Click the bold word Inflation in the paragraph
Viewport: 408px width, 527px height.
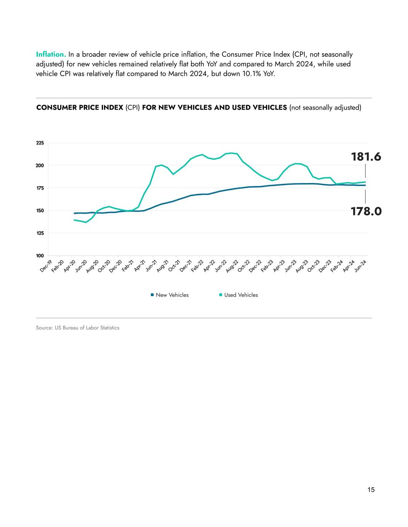pos(51,54)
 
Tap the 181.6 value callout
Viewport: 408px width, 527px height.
pos(366,157)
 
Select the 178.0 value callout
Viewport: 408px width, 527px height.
pos(366,211)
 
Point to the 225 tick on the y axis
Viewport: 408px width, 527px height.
pos(40,143)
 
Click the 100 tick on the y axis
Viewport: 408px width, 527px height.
pos(40,256)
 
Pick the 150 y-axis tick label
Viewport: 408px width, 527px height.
pos(40,211)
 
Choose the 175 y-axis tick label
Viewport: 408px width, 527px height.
pos(40,188)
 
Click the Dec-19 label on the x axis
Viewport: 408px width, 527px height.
pos(46,266)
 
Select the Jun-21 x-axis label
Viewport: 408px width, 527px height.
pos(150,266)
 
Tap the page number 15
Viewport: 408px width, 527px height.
pos(371,490)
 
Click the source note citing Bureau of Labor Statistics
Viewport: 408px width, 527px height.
pos(78,328)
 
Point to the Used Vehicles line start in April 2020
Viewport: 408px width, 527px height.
pos(74,220)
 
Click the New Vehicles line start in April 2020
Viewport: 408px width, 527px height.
pos(74,213)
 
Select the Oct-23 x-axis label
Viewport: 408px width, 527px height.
pos(313,266)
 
